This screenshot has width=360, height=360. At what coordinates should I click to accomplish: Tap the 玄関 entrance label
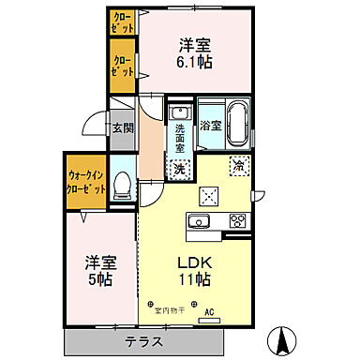pyautogui.click(x=123, y=128)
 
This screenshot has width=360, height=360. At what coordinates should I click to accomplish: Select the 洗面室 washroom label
pyautogui.click(x=179, y=140)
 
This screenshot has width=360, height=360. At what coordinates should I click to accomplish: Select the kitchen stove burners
pyautogui.click(x=236, y=222)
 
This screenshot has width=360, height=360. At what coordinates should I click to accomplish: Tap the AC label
pyautogui.click(x=209, y=313)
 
